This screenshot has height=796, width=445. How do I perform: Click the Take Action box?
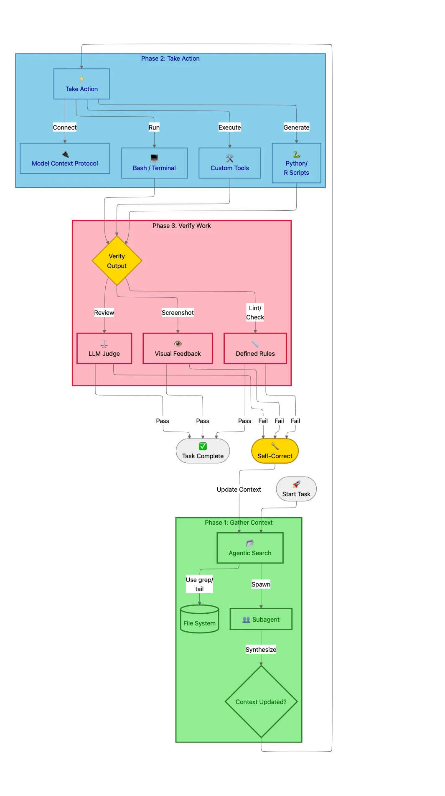coord(81,84)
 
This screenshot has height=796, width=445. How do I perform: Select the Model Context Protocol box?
coord(65,158)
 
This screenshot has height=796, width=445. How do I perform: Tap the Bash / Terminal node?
coord(154,163)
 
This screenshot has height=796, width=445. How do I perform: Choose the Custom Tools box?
coord(229,163)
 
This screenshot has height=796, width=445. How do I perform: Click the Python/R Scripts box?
coord(296,163)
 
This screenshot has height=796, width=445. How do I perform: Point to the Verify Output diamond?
coord(117,261)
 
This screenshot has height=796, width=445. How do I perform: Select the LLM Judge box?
coord(104,349)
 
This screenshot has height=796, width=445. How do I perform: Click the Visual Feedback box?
coord(178,349)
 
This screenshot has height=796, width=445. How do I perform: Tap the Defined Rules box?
coord(255,349)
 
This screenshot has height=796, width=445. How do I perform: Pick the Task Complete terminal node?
coord(203,451)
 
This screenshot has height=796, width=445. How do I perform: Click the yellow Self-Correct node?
coord(275,451)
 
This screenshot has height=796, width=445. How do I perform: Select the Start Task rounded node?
coord(296,489)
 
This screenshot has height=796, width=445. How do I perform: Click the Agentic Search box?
coord(250,548)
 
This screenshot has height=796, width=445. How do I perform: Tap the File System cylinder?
coord(199,620)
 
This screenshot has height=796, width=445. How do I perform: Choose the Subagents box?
coord(261,619)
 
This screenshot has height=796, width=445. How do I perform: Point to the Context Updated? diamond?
coord(261,702)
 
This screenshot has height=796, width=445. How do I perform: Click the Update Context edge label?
coord(239,490)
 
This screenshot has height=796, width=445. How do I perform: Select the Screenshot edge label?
coord(178,313)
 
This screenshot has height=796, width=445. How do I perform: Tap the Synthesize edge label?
coord(261,650)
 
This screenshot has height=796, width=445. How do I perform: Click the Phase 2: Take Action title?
coord(170,59)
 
